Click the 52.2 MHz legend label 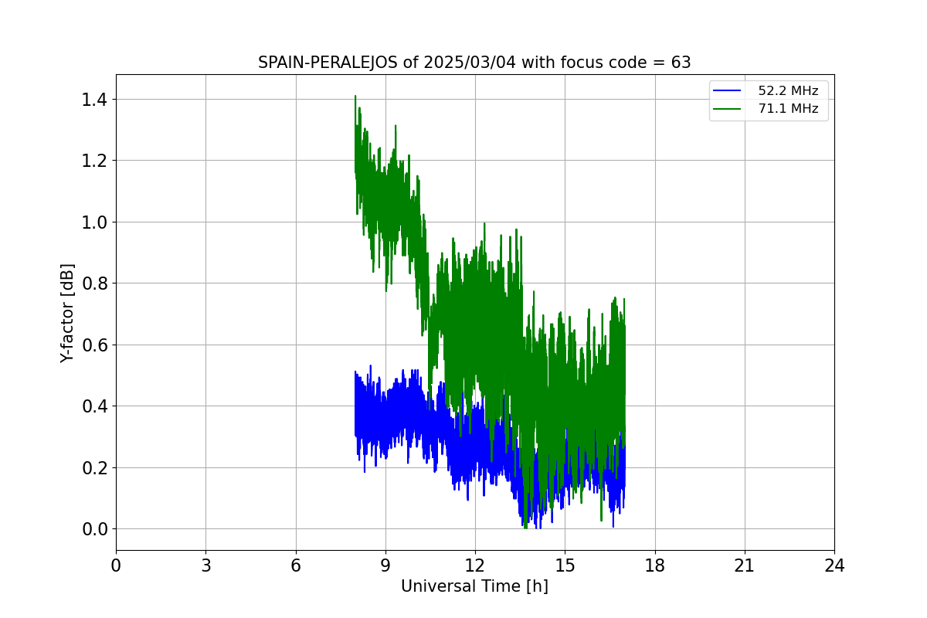coord(788,91)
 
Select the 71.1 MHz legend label coord(788,109)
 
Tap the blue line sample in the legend coord(728,91)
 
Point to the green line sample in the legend coord(728,109)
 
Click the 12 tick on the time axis coord(475,566)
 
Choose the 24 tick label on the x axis coord(834,566)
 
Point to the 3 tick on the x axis coord(205,566)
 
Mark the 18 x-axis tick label coord(655,566)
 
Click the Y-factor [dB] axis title coord(68,313)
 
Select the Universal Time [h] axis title coord(474,586)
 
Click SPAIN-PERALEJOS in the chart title coord(328,63)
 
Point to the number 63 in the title coord(681,63)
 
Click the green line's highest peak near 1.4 coord(355,97)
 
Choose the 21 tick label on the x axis coord(745,566)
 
